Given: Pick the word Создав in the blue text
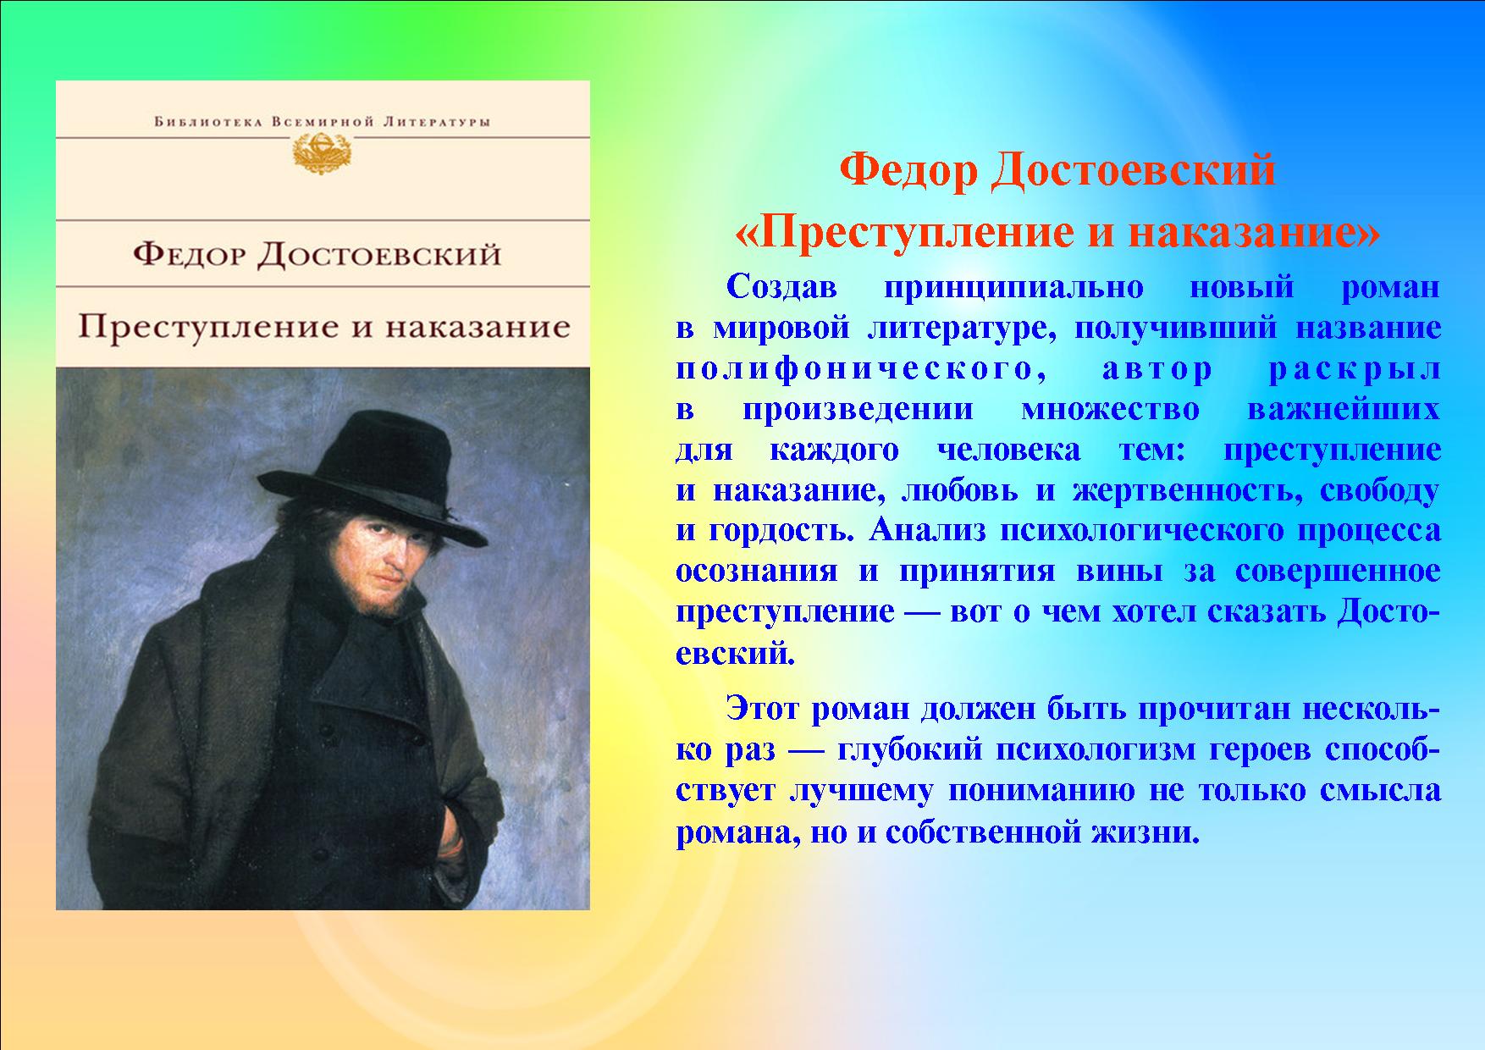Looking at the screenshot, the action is pyautogui.click(x=781, y=288).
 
